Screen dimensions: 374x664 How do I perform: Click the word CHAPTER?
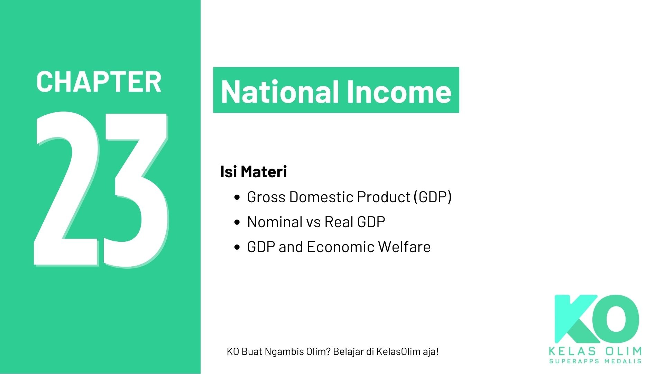[99, 82]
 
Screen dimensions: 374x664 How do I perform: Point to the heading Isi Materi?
[253, 172]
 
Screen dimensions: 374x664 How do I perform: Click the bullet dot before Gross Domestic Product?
[237, 197]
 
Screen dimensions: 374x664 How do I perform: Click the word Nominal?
[275, 222]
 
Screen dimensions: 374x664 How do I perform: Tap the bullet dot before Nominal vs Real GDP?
[237, 222]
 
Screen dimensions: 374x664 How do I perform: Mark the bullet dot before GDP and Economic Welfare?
[237, 247]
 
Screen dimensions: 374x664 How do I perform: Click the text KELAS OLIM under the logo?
[595, 351]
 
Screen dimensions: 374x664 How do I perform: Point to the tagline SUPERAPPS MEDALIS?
[595, 361]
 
